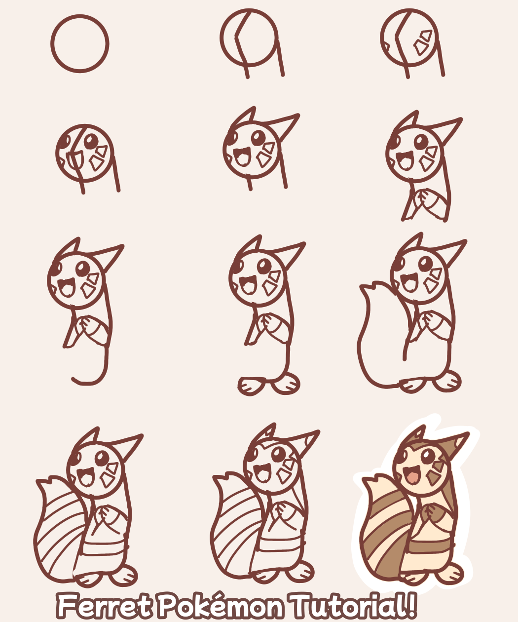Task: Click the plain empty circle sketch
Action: [x=79, y=43]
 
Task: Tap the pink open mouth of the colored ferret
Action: [x=411, y=476]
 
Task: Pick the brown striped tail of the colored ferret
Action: [x=382, y=533]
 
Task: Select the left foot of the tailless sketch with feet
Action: [x=252, y=385]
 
